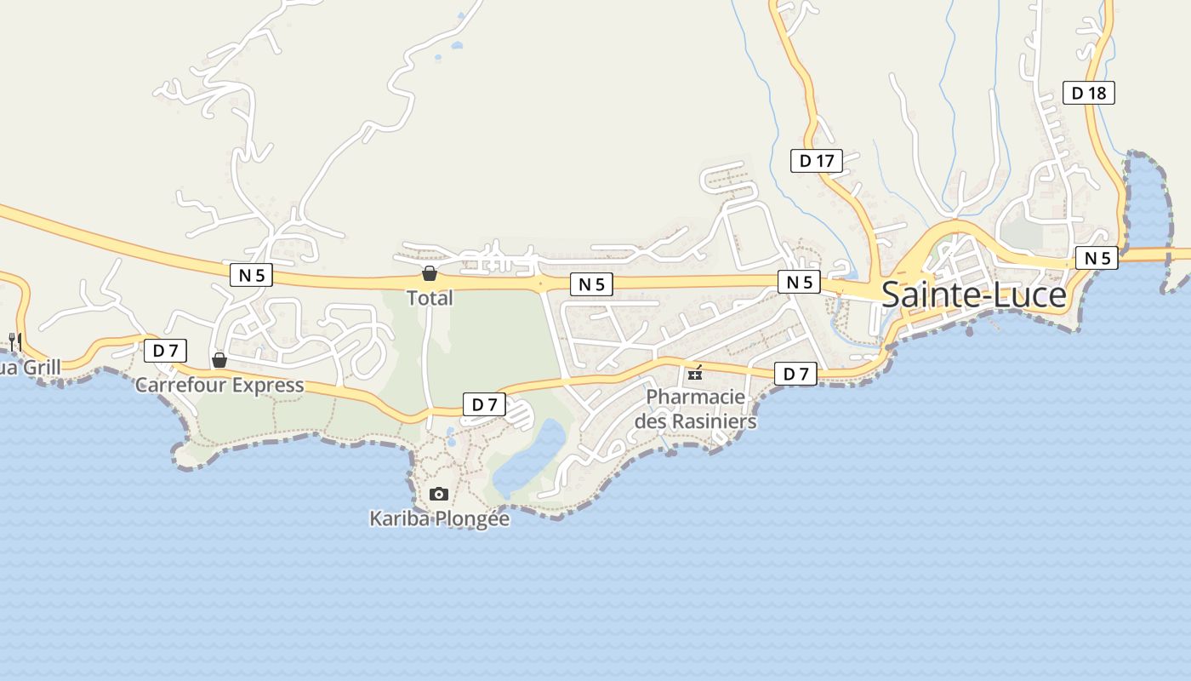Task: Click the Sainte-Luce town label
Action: pos(973,295)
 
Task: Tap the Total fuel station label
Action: pos(430,298)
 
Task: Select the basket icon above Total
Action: pos(430,273)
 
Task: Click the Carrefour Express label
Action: pos(219,385)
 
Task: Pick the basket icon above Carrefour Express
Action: pos(219,359)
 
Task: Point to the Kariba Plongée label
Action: pos(439,518)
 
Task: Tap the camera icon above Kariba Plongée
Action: pos(439,494)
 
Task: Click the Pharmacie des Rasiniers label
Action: pos(695,409)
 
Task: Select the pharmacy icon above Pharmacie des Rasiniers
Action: pos(695,373)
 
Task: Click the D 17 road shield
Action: pos(816,160)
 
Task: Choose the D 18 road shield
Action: pos(1088,93)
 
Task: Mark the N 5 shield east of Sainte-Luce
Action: pos(1096,258)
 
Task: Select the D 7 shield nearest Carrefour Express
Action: pos(165,350)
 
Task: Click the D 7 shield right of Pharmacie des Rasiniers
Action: pos(795,374)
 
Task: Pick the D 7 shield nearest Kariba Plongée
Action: pos(484,405)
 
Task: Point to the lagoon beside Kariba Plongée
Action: pos(529,460)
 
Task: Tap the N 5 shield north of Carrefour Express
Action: pos(251,274)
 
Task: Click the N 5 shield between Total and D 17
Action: pos(591,284)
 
